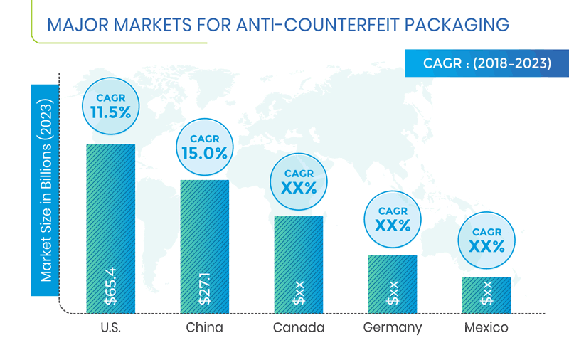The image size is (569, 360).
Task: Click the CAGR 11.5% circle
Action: pos(110,105)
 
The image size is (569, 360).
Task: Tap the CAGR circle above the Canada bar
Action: pos(299,181)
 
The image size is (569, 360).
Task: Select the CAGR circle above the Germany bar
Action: pos(393,219)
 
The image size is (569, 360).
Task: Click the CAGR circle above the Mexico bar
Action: pos(487,240)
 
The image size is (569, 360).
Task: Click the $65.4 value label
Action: pos(110,284)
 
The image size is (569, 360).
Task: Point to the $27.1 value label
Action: pos(204,287)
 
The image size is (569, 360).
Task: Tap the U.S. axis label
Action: pos(110,328)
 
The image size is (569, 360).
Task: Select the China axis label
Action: pos(204,328)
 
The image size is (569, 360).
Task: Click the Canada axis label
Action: pos(299,328)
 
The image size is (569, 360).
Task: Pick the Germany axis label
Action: pos(393,328)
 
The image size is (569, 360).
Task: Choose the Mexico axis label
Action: pos(486,328)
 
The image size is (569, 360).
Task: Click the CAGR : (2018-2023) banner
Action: pos(487,63)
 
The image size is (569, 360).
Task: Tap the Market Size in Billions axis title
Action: pos(46,190)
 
